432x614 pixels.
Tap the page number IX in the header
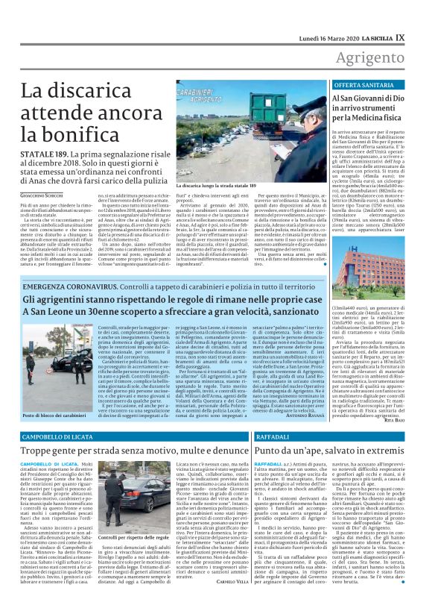tap(421, 13)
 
